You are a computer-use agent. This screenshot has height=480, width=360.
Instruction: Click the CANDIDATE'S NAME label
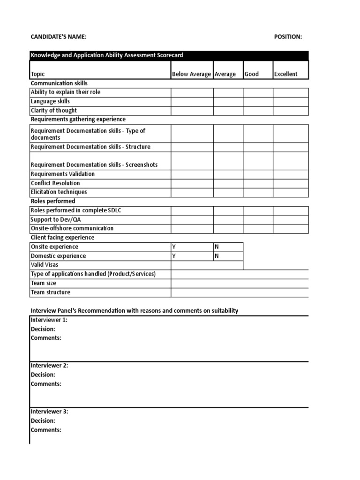tap(59, 37)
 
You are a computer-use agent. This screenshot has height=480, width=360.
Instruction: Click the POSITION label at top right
tap(288, 37)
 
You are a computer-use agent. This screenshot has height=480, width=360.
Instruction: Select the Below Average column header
tap(192, 74)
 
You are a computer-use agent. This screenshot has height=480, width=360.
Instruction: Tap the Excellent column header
tap(286, 74)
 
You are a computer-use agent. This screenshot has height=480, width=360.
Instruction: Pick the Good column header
tap(252, 74)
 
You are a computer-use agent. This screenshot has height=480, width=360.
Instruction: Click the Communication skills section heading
tap(59, 83)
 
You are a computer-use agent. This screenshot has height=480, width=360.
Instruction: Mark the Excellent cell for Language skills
tap(291, 101)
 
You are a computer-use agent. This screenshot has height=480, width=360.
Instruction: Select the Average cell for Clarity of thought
tap(228, 111)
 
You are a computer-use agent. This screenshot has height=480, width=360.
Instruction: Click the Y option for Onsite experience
tap(174, 247)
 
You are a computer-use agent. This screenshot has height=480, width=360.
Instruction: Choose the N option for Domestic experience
tap(217, 256)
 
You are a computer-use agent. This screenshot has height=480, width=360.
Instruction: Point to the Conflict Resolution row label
tap(55, 183)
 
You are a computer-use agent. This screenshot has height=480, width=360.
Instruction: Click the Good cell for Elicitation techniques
tap(258, 192)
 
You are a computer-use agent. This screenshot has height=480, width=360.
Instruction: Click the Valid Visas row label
tap(45, 265)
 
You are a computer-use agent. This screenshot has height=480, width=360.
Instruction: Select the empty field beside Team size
tap(240, 283)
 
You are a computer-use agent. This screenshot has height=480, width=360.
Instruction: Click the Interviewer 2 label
tap(49, 366)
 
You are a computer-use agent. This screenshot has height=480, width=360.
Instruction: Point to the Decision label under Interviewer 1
tap(43, 329)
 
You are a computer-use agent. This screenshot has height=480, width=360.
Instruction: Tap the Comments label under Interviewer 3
tap(46, 430)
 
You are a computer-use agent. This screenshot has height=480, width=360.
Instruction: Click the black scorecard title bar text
tap(107, 55)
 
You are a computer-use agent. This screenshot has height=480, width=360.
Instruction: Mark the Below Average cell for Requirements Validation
tap(192, 174)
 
